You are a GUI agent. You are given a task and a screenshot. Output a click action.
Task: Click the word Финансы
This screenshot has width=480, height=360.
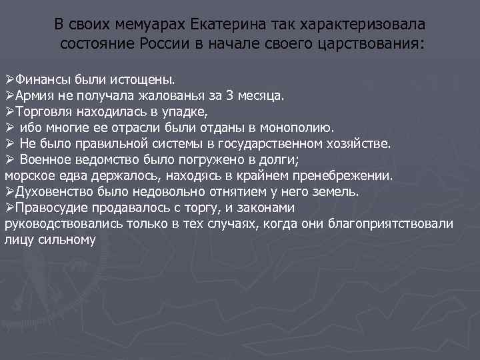pos(41,79)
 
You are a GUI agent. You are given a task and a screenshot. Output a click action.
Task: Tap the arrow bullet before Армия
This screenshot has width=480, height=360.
pos(9,95)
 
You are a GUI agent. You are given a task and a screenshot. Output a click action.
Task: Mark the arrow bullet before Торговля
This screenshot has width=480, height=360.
pos(9,111)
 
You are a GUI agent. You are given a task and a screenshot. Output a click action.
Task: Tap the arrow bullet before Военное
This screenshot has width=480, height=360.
pos(9,159)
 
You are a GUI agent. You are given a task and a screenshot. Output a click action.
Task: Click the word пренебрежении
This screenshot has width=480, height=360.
pos(347,175)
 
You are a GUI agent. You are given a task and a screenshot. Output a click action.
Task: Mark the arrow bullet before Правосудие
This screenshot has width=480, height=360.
pos(9,207)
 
